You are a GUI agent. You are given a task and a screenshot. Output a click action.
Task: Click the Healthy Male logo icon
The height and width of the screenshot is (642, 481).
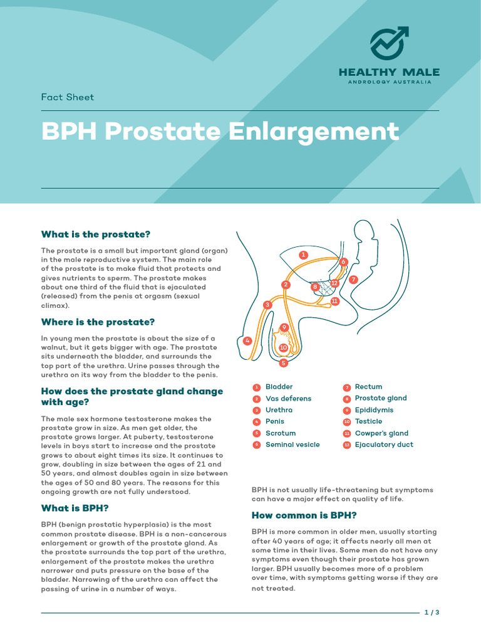pos(389,43)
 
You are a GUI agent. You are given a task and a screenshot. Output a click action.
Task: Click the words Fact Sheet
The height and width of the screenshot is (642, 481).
pos(67,97)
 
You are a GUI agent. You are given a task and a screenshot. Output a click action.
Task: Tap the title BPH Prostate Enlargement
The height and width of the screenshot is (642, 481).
pos(220,132)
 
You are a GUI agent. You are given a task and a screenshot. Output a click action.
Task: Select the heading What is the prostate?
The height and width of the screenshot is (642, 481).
pos(96,234)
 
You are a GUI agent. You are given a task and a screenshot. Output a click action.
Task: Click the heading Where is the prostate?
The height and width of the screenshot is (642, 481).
pos(98,322)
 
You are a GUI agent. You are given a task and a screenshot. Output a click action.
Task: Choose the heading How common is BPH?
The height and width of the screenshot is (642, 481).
pos(304,515)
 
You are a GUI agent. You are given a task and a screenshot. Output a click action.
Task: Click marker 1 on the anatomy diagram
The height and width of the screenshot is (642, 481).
pos(303,255)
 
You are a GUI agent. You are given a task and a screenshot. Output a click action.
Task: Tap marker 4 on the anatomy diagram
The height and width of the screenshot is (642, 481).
pos(247,341)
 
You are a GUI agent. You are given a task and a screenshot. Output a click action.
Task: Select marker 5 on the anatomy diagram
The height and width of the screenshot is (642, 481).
pos(283,362)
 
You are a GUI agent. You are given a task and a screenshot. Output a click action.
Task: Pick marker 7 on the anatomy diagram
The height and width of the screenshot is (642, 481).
pos(353,279)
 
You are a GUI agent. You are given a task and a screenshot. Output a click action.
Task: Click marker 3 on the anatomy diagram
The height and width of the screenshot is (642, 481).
pos(267,305)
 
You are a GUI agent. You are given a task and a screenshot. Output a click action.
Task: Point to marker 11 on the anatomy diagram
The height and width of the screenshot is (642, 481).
pos(334,301)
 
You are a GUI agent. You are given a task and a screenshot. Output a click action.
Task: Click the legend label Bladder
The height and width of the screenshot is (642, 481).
pos(279,387)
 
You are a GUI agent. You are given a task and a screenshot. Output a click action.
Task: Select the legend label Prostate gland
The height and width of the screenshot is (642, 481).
pos(380,398)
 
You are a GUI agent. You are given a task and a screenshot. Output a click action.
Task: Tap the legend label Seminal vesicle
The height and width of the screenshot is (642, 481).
pos(292,445)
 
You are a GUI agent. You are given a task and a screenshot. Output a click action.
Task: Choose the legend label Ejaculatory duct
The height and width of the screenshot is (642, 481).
pos(383,445)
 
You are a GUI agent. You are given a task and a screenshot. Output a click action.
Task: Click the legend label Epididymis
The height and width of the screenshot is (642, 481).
pos(374,410)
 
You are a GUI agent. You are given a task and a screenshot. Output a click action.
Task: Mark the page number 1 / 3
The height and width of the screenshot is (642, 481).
pos(432,612)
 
